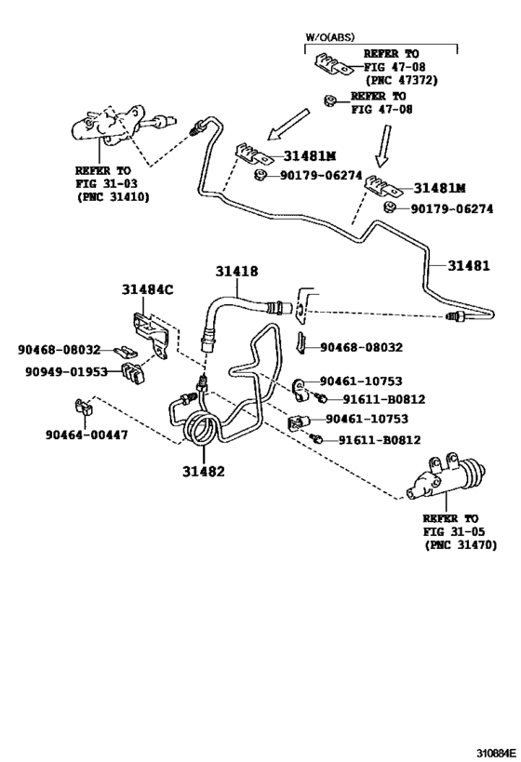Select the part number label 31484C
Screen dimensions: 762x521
(x=147, y=289)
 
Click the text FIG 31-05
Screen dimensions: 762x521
(x=450, y=531)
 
